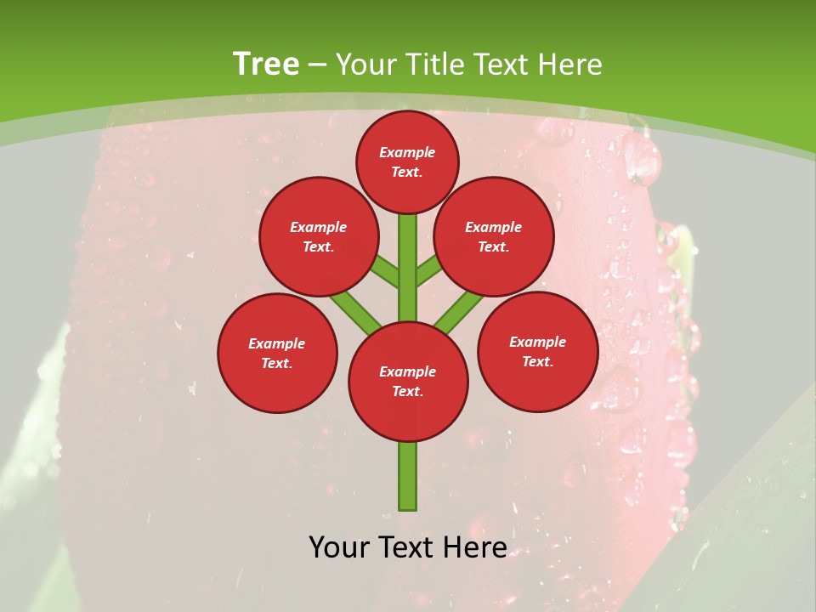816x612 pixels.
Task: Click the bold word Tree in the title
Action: tap(266, 65)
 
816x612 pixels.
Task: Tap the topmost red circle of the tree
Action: tap(407, 161)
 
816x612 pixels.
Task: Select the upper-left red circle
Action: tap(319, 236)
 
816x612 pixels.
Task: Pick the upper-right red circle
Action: tap(494, 236)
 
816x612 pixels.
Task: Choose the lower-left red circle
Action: tap(277, 353)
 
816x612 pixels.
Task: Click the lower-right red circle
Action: tap(538, 351)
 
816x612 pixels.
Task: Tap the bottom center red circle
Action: tap(408, 381)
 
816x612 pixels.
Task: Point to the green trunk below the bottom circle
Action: tap(408, 476)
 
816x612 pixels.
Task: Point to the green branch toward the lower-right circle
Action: tap(460, 311)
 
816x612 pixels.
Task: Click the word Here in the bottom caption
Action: tap(473, 547)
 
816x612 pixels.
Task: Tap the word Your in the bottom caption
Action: tap(340, 547)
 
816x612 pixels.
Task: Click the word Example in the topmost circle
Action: tap(407, 152)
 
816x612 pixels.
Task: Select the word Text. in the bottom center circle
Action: tap(408, 392)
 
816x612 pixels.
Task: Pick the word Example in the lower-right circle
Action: tap(538, 342)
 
